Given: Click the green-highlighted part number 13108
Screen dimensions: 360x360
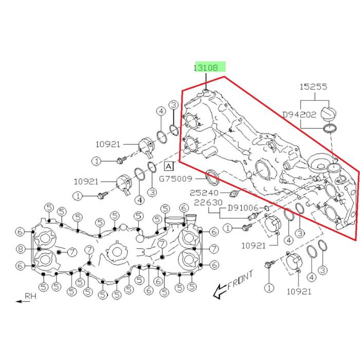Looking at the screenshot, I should coord(209,67).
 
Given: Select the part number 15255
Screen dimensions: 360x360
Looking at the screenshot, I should coord(314,87).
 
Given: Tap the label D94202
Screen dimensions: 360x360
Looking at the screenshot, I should coord(300,115).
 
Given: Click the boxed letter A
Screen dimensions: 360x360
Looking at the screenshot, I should coord(169,166).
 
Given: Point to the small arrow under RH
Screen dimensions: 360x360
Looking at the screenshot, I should coord(22,301).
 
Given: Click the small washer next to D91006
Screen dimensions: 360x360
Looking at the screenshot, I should coord(267,208).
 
